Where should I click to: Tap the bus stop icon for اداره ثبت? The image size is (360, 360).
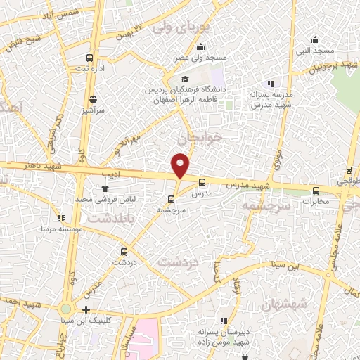point(89,58)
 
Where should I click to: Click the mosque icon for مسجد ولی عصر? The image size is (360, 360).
point(201,47)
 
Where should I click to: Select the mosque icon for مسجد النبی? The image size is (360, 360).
point(315,39)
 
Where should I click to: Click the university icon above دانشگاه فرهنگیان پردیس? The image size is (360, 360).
point(185,79)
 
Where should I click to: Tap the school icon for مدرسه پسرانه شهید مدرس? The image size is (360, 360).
point(269,84)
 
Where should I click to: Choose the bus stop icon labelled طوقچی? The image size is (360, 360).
point(349,170)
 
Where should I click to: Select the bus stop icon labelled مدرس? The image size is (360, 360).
point(202,182)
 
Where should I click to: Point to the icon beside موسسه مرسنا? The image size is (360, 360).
point(61,219)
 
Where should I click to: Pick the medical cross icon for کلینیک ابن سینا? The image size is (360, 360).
point(86,309)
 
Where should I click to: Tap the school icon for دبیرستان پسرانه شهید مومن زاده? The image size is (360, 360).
point(224,321)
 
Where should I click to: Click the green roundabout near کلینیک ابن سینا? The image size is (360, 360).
point(66,309)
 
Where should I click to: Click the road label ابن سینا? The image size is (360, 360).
point(288,265)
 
